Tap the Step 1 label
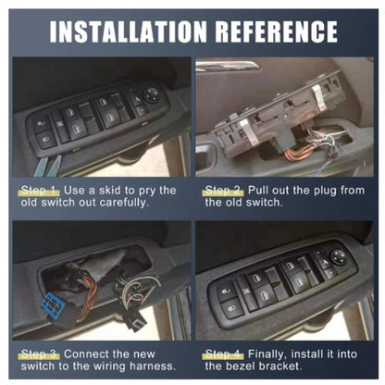(x=38, y=190)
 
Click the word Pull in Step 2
(x=261, y=190)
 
